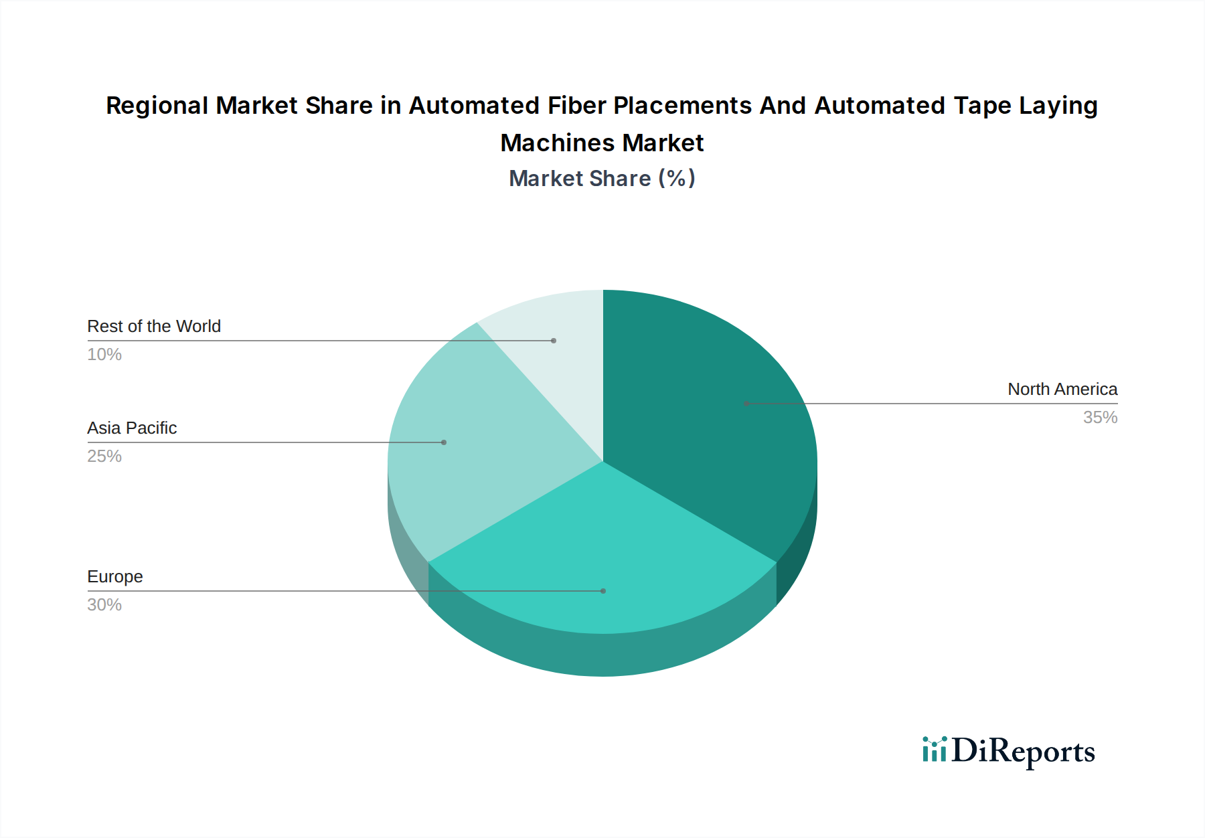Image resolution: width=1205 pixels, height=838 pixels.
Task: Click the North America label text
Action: coord(1062,390)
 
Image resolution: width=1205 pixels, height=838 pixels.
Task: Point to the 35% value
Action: coord(1100,418)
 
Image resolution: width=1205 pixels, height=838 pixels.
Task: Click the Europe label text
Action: coord(115,577)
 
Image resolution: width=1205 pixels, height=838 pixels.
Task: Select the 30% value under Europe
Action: coord(104,605)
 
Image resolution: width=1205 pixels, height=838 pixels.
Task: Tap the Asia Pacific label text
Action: coord(132,428)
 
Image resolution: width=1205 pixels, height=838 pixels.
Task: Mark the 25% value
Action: coord(104,456)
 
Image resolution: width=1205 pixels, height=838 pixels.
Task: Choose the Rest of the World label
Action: coord(154,327)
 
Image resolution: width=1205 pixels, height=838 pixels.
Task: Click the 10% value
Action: coord(104,355)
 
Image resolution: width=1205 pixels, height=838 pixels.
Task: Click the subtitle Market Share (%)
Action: coord(602,179)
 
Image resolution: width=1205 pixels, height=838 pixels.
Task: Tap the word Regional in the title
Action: coord(157,106)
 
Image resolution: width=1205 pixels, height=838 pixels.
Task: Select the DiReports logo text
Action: coord(1023,752)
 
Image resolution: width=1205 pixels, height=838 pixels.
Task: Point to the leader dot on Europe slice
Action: coord(603,591)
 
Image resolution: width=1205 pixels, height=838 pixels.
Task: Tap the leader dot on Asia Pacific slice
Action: coord(444,442)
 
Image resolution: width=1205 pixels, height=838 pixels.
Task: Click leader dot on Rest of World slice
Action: coord(554,341)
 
